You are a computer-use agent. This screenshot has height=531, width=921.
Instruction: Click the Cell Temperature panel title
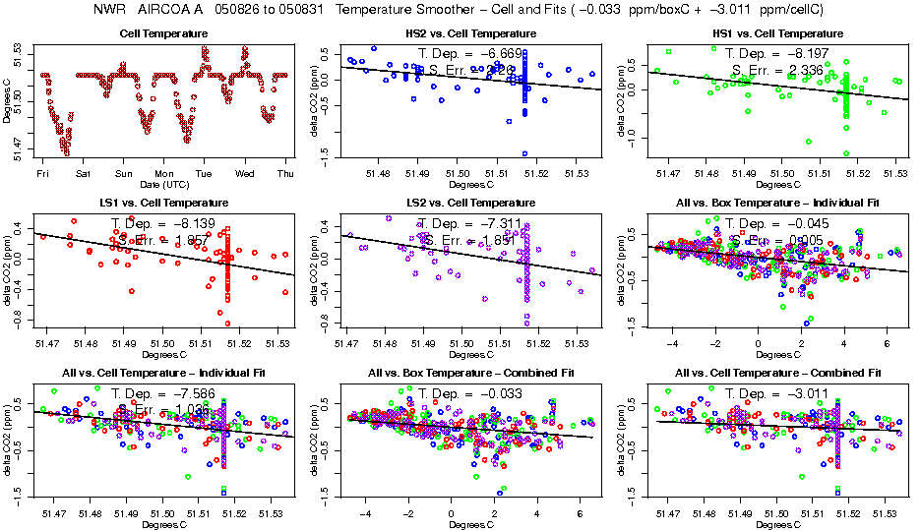click(x=163, y=34)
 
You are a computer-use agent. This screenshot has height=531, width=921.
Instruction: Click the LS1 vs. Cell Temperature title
click(x=163, y=204)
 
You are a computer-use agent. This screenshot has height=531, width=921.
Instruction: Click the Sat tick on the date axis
click(x=83, y=174)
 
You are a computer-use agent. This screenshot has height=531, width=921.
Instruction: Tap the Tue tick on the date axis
click(x=204, y=174)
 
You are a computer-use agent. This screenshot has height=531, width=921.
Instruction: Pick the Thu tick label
click(x=285, y=174)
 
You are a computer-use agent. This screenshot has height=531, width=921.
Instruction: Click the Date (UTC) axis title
click(x=163, y=184)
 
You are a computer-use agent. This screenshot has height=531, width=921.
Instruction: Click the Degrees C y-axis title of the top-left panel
click(x=8, y=98)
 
